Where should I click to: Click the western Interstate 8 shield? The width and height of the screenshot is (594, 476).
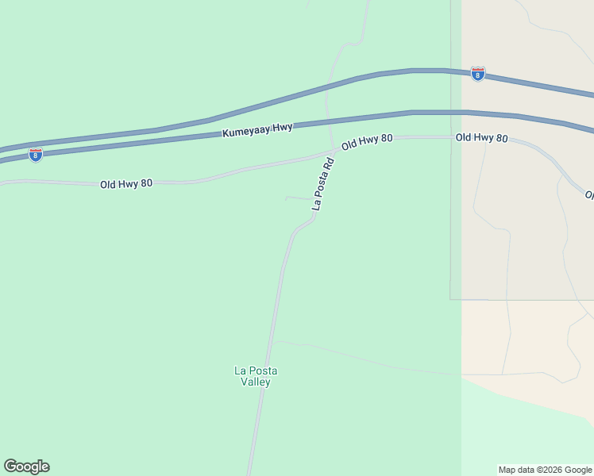click(x=35, y=155)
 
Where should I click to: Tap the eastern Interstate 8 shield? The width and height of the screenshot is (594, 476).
click(x=478, y=74)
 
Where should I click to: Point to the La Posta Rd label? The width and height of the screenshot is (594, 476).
click(x=323, y=184)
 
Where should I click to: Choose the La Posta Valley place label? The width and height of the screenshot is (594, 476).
click(x=256, y=376)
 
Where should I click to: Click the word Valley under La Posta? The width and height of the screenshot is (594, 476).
click(x=256, y=382)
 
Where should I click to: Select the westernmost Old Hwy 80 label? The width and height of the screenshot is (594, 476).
click(x=126, y=184)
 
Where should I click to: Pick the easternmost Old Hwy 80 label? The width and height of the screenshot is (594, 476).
click(x=481, y=138)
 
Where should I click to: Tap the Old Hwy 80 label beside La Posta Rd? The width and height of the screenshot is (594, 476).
click(x=367, y=142)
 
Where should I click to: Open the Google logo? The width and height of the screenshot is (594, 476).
click(x=26, y=466)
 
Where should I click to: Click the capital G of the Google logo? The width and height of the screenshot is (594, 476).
click(x=10, y=466)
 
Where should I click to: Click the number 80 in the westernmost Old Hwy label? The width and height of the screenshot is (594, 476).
click(x=146, y=184)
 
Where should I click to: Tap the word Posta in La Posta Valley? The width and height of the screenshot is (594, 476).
click(x=264, y=370)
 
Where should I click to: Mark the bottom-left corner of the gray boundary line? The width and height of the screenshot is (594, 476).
click(x=450, y=299)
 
